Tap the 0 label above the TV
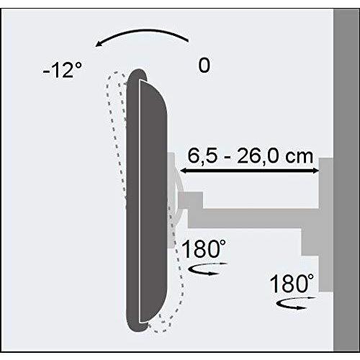[x=204, y=66]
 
